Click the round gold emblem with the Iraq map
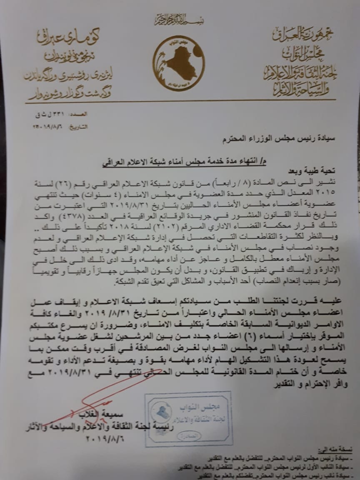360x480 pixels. [x=178, y=63]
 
